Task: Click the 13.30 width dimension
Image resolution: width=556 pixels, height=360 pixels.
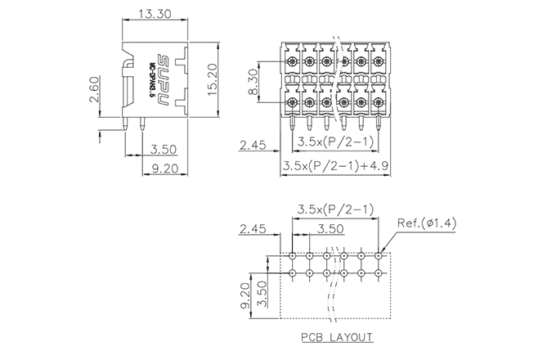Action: pos(155,14)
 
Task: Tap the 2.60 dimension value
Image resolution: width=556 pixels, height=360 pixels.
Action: pos(94,89)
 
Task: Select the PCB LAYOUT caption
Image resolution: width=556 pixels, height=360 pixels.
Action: pos(336,337)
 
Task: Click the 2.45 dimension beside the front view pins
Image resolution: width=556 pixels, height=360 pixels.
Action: pos(254,146)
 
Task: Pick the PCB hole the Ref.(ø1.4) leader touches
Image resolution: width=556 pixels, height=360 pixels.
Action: pos(379,254)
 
